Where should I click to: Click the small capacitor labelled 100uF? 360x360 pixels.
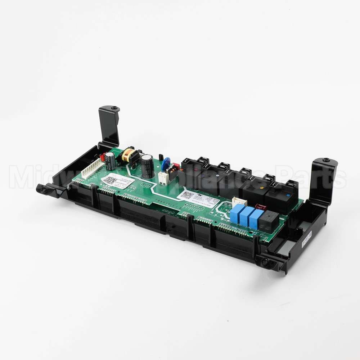point(110,161)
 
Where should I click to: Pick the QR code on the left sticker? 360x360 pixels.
point(109,180)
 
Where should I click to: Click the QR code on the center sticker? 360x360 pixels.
point(187,195)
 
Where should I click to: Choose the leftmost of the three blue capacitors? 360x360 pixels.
point(236,213)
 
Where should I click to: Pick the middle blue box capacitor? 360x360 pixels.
point(246,216)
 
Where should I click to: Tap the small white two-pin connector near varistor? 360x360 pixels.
point(163,178)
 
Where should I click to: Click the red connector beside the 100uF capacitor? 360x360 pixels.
point(102,157)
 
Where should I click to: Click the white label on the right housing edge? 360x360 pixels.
point(307,240)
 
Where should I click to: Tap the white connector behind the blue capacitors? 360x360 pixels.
point(239,202)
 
